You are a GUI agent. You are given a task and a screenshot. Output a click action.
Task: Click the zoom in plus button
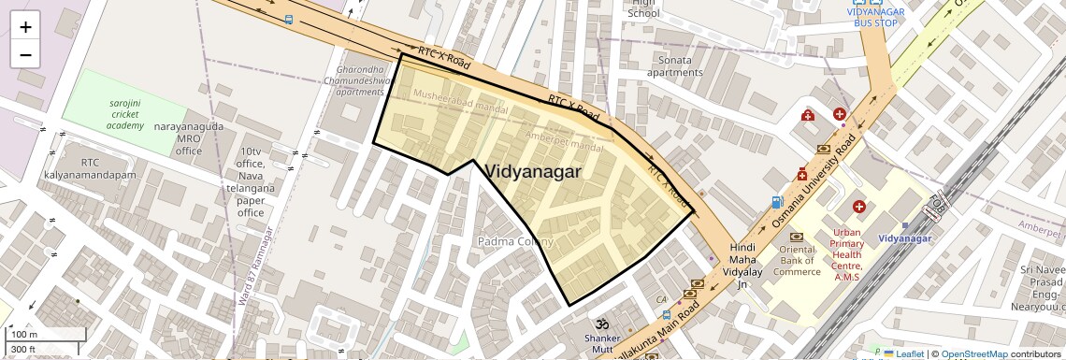pos(25,27)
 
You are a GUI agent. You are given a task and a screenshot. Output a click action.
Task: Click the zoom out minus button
pos(25,54)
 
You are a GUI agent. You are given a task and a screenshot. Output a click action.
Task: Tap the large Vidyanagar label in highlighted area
pos(534,172)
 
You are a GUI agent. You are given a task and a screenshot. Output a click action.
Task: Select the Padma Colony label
pos(515,241)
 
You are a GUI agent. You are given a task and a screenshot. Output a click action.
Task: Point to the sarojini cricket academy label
pos(111,114)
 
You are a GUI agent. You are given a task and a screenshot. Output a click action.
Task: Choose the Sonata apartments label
pos(675,65)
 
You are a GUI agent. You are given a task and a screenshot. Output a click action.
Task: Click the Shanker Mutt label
pos(602,343)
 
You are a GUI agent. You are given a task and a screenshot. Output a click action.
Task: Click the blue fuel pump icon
pos(776,202)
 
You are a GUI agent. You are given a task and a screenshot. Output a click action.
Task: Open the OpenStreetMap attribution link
pos(974,353)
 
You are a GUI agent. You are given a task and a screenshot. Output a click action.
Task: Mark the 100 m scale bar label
pos(23,334)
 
